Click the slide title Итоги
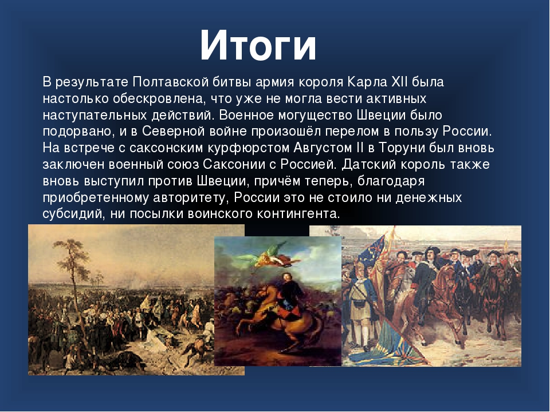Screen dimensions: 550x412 [x=258, y=46]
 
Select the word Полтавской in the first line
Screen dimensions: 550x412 [x=171, y=82]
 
